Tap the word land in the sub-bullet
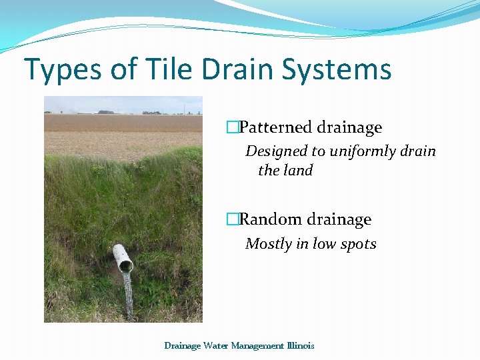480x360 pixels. [x=298, y=171]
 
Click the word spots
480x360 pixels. [x=358, y=244]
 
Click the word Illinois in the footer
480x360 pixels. [x=299, y=345]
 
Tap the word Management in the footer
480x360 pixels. [x=257, y=345]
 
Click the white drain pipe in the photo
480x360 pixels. [x=121, y=257]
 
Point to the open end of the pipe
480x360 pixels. [x=125, y=266]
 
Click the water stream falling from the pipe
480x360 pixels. [x=127, y=293]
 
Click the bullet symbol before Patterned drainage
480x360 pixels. [x=232, y=127]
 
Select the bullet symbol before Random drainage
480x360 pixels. [x=232, y=219]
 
